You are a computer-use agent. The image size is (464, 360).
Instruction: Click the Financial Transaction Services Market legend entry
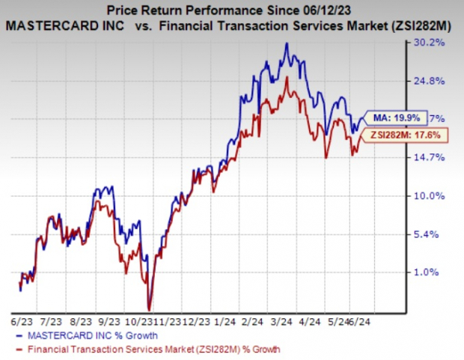[150, 348]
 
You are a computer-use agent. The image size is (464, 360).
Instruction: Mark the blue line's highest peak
[287, 43]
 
